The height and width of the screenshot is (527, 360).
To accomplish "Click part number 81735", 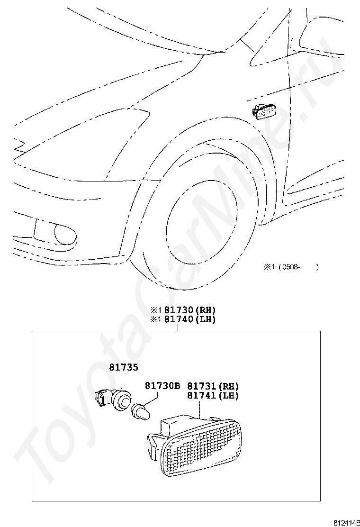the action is (x=124, y=367).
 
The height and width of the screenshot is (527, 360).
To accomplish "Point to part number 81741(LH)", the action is (x=213, y=396).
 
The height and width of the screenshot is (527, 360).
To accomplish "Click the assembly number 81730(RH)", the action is (x=190, y=310).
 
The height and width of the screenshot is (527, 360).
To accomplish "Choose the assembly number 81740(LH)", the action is (x=190, y=319).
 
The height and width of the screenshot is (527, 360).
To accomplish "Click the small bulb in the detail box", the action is (x=140, y=410).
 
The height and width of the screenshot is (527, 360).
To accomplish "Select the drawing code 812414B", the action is (x=345, y=522).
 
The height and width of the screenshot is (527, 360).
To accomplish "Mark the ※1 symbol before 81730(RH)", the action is (x=156, y=310).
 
